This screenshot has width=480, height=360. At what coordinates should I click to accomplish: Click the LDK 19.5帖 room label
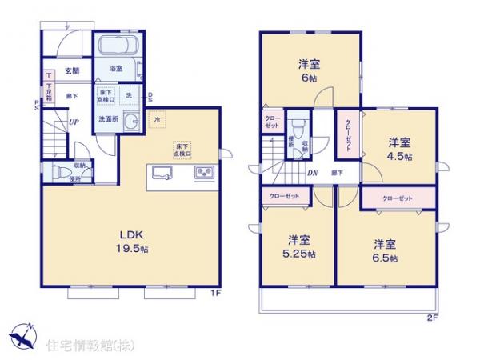(132, 241)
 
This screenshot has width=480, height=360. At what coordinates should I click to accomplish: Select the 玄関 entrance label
(72, 71)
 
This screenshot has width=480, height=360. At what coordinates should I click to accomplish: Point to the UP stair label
(73, 122)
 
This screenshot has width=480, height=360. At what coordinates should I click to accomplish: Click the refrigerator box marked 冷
(158, 120)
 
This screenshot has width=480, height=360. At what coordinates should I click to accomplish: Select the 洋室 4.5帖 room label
(399, 149)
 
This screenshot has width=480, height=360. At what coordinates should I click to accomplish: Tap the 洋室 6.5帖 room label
(385, 249)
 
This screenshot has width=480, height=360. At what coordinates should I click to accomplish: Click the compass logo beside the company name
(23, 336)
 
